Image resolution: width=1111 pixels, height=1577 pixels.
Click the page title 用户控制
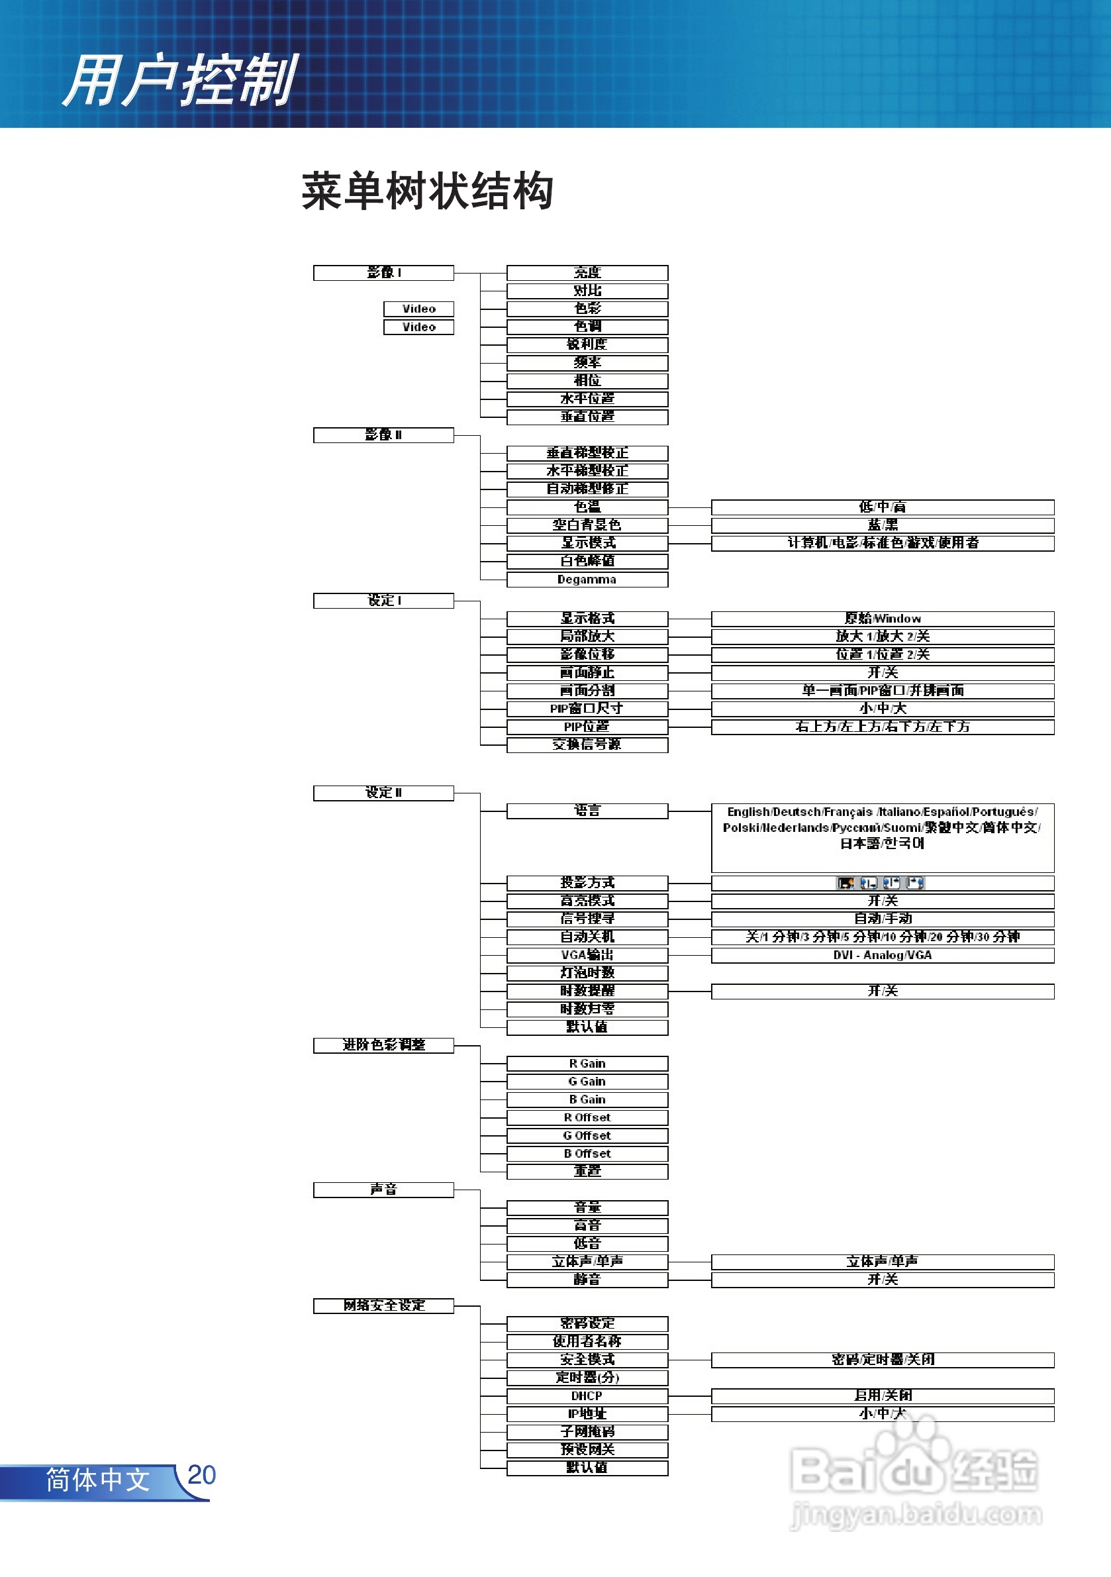(x=180, y=80)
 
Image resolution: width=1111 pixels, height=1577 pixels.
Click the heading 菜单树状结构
(x=427, y=191)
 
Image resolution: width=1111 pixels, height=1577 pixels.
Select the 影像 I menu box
(x=383, y=273)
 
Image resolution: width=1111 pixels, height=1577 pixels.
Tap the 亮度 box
(x=587, y=273)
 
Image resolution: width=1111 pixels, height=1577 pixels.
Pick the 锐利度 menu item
(x=587, y=344)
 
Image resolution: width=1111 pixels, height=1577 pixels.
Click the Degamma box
(x=587, y=580)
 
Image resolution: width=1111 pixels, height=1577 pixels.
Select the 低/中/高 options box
(x=883, y=507)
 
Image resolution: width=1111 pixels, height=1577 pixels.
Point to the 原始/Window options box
(x=883, y=618)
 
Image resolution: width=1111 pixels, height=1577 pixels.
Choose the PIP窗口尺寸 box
(x=587, y=708)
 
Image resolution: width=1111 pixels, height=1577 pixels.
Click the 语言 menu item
(x=587, y=811)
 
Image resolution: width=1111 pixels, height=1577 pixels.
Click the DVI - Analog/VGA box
(x=883, y=954)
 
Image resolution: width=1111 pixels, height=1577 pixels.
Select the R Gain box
(x=587, y=1063)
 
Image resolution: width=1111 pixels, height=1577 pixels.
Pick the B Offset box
(x=587, y=1153)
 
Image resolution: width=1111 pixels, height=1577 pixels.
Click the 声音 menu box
(x=383, y=1190)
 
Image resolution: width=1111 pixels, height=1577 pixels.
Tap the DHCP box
(x=587, y=1396)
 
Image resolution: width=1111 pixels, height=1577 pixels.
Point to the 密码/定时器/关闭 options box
(x=883, y=1359)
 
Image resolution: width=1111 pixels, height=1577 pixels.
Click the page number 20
(x=201, y=1474)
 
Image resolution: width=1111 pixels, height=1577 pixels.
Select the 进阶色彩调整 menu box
(x=383, y=1044)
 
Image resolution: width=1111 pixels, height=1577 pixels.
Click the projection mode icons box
(x=883, y=883)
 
